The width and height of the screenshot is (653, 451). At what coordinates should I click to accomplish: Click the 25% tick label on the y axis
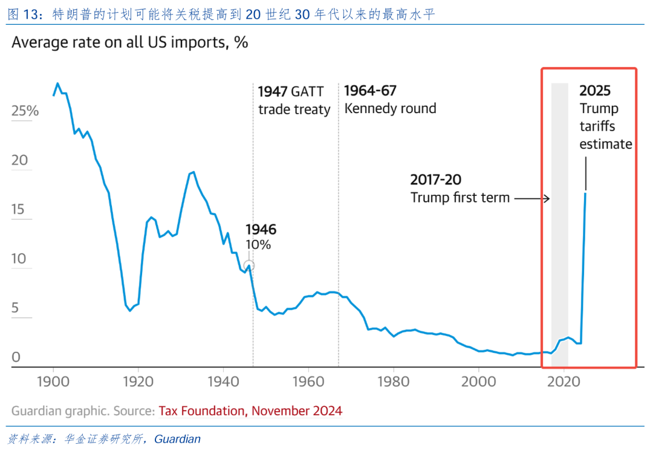[25, 111]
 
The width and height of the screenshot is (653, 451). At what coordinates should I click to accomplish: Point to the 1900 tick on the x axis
[53, 382]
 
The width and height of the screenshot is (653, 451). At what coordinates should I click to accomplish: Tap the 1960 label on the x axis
[308, 382]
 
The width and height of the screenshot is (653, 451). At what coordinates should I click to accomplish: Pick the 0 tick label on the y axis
[16, 357]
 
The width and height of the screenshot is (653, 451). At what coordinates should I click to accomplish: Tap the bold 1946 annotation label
[261, 230]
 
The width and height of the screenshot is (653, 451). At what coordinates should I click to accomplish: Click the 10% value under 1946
[258, 245]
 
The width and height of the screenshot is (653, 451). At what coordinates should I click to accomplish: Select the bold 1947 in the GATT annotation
[273, 92]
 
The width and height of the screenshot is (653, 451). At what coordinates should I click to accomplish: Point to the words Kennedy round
[390, 109]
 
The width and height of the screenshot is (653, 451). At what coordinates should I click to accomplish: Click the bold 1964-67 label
[370, 91]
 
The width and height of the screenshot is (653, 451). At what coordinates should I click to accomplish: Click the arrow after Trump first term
[533, 198]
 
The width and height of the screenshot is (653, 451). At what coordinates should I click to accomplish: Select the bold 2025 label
[595, 91]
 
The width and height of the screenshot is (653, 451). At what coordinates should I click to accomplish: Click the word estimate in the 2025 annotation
[606, 144]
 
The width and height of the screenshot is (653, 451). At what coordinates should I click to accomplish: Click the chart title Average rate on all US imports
[130, 44]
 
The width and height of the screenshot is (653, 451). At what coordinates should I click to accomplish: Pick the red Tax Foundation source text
[250, 411]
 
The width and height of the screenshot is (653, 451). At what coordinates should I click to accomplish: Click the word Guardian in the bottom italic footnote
[177, 439]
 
